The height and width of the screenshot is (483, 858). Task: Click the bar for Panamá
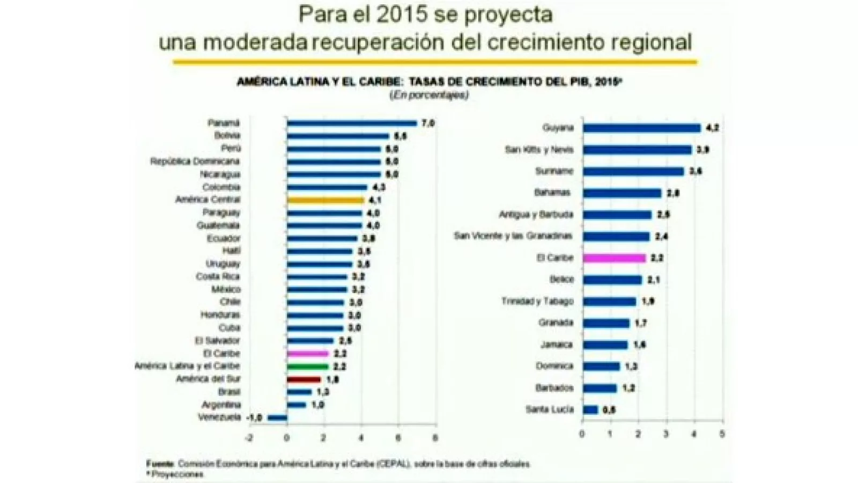[351, 123]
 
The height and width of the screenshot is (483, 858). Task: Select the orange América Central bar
[326, 200]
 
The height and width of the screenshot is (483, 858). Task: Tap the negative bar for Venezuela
[277, 418]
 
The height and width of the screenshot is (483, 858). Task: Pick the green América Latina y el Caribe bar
[307, 367]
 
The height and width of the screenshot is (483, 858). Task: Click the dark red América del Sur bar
[304, 379]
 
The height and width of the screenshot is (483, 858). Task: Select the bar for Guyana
[641, 128]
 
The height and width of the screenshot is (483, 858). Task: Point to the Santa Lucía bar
[590, 410]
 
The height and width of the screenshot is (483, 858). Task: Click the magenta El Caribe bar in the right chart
[614, 258]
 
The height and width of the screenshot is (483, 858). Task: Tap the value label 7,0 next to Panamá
[427, 123]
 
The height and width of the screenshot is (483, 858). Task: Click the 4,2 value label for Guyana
[712, 128]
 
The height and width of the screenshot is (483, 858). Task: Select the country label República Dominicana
[195, 162]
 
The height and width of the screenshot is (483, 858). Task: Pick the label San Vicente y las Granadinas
[513, 236]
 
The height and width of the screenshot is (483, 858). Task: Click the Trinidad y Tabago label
[537, 301]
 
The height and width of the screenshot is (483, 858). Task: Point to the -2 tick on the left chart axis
[249, 438]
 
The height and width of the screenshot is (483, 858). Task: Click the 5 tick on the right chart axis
[722, 434]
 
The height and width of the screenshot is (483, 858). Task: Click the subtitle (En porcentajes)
[428, 96]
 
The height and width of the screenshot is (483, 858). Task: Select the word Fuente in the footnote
[160, 464]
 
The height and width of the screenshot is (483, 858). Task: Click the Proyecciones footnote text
[177, 474]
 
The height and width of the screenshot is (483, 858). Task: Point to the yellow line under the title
[434, 62]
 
